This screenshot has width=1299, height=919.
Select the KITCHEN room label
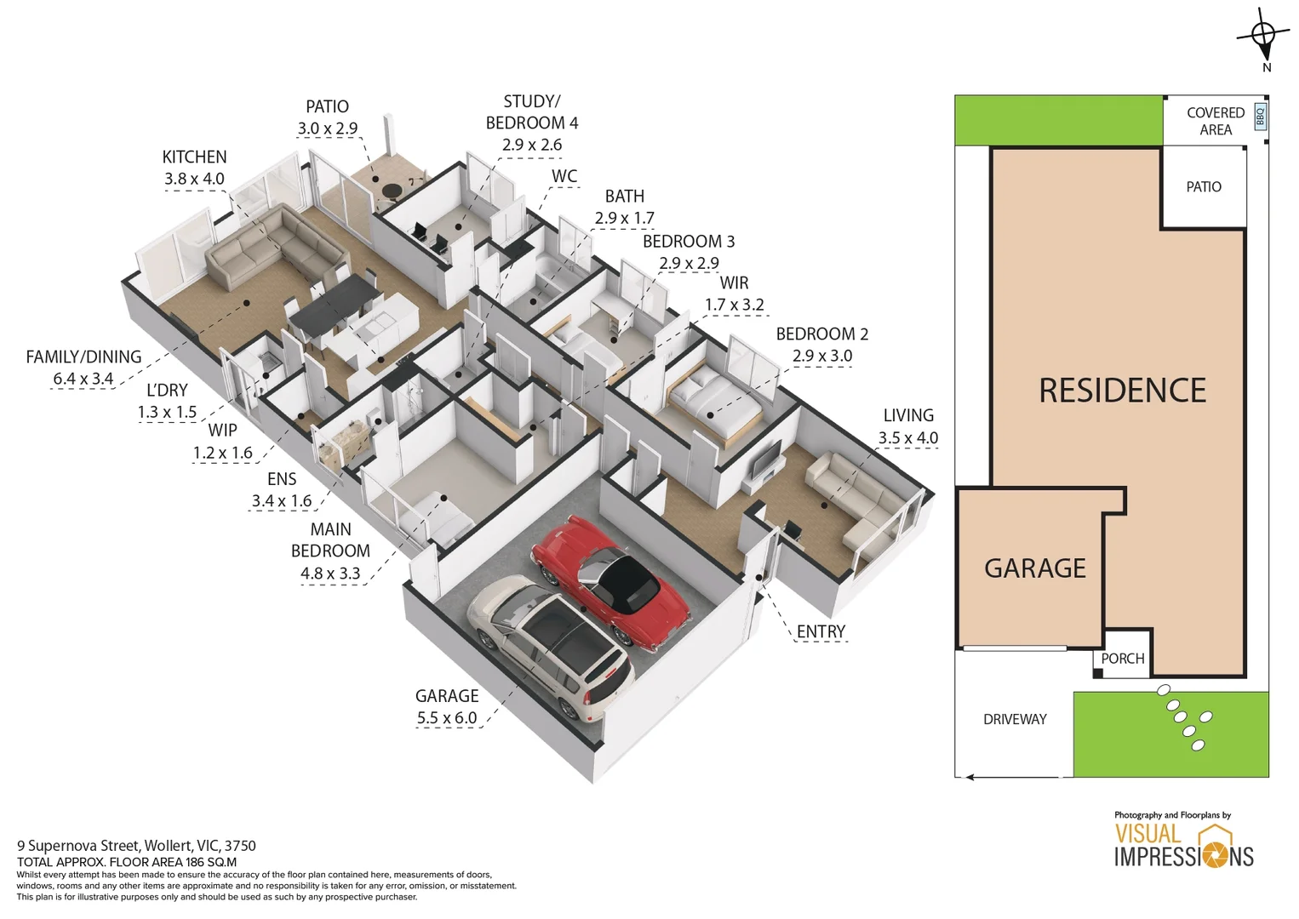click(x=194, y=157)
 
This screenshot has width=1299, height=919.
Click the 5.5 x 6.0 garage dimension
click(x=447, y=718)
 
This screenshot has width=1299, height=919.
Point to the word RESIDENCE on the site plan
click(x=1122, y=391)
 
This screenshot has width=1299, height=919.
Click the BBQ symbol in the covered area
click(x=1260, y=117)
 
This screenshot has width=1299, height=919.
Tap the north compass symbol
click(x=1264, y=37)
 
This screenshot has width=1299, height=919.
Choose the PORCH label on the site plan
click(x=1122, y=659)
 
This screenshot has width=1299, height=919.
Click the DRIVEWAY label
click(x=1015, y=720)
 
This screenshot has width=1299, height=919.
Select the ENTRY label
click(x=821, y=631)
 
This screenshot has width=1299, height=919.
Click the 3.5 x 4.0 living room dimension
click(x=908, y=438)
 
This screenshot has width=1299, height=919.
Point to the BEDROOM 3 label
click(x=688, y=242)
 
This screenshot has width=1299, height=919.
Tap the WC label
click(x=564, y=176)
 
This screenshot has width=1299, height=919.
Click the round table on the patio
click(x=392, y=191)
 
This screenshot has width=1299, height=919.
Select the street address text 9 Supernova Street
click(x=136, y=846)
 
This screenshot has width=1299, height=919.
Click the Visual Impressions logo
click(x=1183, y=845)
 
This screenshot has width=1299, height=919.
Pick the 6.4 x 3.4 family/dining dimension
click(x=83, y=379)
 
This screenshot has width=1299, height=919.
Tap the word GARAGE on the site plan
click(x=1035, y=568)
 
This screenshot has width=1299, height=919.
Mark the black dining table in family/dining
click(x=334, y=305)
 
